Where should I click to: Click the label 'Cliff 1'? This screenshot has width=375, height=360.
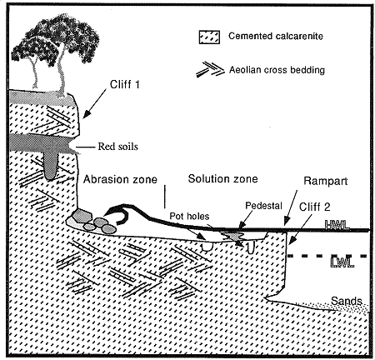124,84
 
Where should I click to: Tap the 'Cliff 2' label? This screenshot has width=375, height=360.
314,207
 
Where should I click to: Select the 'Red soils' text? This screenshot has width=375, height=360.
117,147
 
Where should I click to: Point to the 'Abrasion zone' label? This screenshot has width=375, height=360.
120,179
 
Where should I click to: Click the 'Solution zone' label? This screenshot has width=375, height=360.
222,178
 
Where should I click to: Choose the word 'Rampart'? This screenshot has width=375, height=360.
326,181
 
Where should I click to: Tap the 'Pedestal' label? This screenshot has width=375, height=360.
263,206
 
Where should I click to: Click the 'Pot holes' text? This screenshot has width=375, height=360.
189,216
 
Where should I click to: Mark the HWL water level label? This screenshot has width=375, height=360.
337,224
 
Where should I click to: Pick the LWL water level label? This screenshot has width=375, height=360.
342,262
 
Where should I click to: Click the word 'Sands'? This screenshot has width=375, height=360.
347,301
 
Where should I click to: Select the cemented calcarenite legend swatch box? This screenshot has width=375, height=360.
209,37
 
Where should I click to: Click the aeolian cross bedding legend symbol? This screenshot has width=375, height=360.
210,69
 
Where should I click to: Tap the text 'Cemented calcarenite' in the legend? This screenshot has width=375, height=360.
276,36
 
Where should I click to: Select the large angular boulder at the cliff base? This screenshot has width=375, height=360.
82,216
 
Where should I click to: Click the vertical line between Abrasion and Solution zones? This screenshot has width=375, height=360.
165,197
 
